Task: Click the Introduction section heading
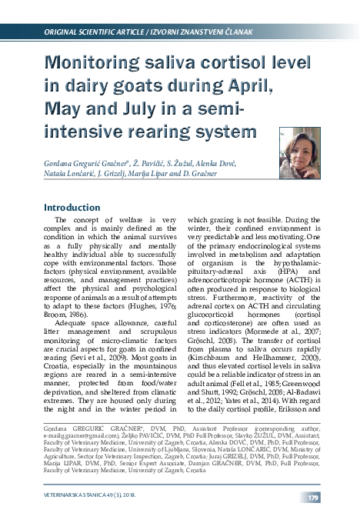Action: [x=77, y=208]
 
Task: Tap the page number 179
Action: [x=314, y=499]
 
